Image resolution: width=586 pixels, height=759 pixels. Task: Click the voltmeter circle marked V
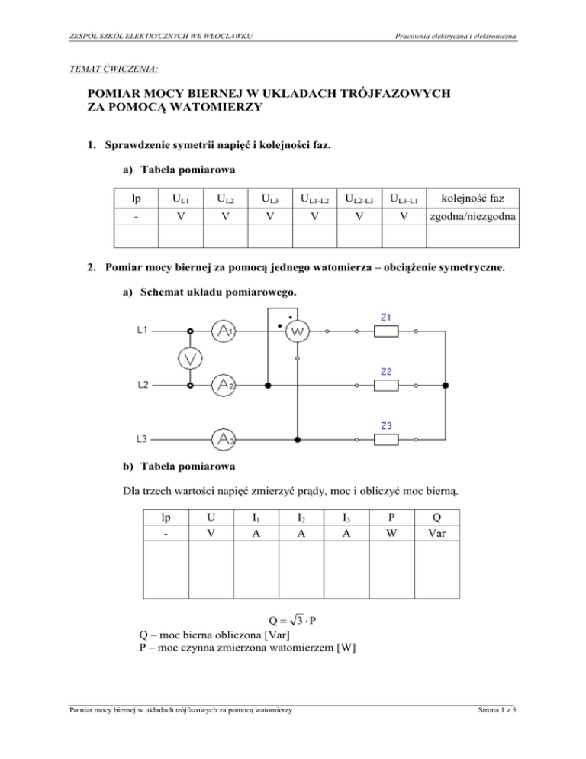pyautogui.click(x=191, y=357)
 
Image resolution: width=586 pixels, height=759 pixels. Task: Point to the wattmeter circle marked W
pyautogui.click(x=298, y=331)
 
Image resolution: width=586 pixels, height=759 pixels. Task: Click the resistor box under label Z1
pyautogui.click(x=388, y=331)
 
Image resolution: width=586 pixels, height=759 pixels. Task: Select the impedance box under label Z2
pyautogui.click(x=388, y=385)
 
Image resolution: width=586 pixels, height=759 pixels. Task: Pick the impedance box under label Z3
pyautogui.click(x=388, y=439)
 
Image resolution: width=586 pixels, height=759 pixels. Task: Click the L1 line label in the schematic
pyautogui.click(x=143, y=331)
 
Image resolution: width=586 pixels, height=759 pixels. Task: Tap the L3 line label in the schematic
pyautogui.click(x=143, y=439)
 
